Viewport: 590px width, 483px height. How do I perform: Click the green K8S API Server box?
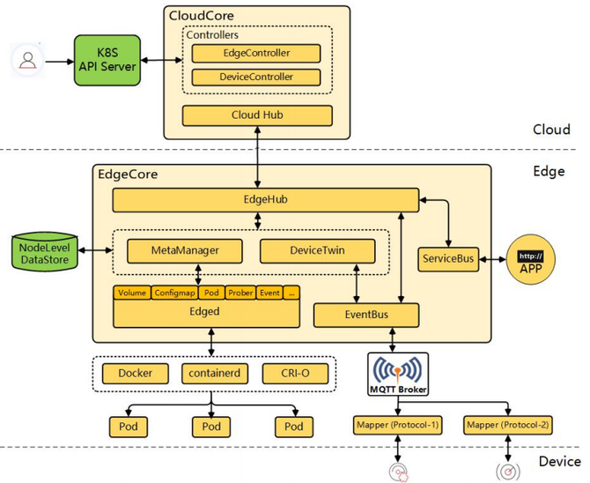[107, 60]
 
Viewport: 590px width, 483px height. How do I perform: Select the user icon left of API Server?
[28, 60]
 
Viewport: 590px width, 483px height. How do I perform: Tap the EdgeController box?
[256, 53]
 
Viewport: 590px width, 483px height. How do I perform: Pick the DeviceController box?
[256, 78]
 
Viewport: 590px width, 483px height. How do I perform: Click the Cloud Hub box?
[257, 115]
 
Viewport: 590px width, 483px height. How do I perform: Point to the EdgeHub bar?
[266, 200]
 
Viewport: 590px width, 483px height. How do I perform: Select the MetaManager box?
[185, 251]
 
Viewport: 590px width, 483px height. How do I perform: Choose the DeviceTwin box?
[318, 251]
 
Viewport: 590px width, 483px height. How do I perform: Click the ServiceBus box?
[448, 259]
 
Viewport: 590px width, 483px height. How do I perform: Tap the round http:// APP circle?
[530, 259]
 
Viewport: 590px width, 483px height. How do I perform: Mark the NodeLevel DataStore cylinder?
[45, 252]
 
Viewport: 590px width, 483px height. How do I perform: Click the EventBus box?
[366, 315]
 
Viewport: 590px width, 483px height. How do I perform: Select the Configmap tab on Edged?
[174, 293]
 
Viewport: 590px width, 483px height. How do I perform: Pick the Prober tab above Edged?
[240, 293]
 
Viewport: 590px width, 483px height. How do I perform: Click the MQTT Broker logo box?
[398, 374]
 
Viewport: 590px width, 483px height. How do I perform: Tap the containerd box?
[215, 374]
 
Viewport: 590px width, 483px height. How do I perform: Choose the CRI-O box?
[295, 374]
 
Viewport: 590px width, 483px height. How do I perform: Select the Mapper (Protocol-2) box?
[507, 426]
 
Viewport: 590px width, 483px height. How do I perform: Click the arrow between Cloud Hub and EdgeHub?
[257, 157]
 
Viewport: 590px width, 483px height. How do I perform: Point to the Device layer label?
[559, 462]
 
